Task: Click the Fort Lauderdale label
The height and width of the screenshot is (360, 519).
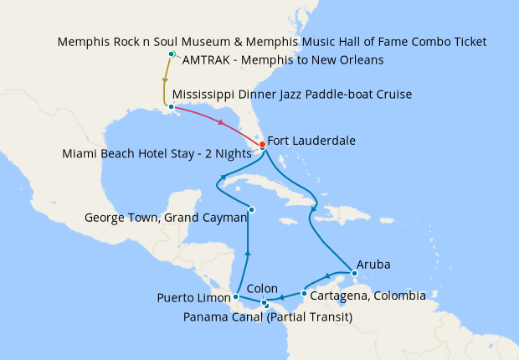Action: [311, 141]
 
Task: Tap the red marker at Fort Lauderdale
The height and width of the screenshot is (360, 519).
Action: [262, 145]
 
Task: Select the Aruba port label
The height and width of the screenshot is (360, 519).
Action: [373, 264]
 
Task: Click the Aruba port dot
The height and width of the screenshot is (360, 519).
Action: [354, 273]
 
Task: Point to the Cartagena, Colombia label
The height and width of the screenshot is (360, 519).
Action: [367, 296]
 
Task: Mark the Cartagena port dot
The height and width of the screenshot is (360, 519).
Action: [303, 294]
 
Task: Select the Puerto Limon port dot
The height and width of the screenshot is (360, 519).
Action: [236, 296]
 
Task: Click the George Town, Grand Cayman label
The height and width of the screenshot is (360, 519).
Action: [166, 218]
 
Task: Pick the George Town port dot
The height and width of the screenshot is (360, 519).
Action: [251, 209]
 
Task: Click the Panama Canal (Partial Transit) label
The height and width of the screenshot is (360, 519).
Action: [267, 317]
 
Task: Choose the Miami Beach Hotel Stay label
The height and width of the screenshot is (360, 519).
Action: [157, 153]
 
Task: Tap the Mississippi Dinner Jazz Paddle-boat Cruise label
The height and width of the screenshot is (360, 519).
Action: [291, 95]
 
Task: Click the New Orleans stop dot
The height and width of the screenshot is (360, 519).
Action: [171, 106]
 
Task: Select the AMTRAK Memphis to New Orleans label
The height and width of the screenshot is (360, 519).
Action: [283, 60]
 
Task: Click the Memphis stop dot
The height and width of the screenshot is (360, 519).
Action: [171, 54]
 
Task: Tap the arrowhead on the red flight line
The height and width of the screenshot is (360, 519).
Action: [221, 124]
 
